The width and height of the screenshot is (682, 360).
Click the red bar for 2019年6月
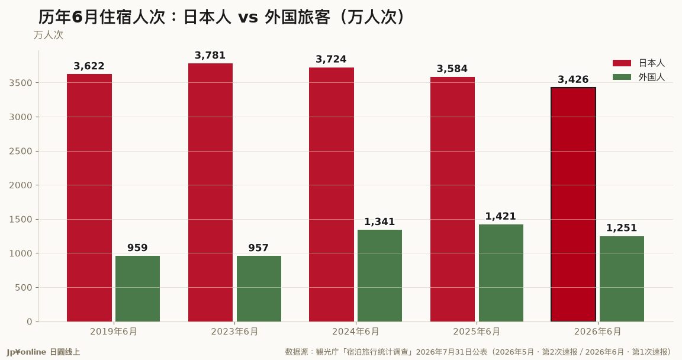89,198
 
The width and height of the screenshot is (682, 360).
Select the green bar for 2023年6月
259,289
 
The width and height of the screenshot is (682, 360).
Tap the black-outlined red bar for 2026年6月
573,204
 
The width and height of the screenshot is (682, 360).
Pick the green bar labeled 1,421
501,273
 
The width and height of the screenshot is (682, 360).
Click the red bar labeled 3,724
332,194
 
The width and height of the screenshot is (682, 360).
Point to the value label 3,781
210,55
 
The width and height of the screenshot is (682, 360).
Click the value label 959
137,248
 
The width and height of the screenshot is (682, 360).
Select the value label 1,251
622,228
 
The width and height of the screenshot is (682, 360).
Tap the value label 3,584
452,69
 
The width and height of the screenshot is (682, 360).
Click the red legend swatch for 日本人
622,63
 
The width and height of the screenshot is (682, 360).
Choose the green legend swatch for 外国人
622,77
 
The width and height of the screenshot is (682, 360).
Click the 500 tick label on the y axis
24,287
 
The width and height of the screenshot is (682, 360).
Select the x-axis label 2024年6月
355,332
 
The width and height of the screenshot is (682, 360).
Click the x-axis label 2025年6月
477,332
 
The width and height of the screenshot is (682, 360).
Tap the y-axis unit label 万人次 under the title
49,35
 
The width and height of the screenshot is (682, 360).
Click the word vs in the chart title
247,18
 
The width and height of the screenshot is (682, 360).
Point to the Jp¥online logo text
27,352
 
